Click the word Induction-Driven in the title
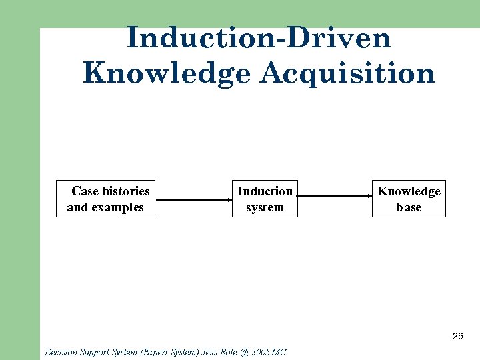tap(258, 38)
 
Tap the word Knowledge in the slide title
tap(167, 73)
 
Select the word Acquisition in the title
tap(347, 73)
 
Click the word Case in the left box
tap(85, 191)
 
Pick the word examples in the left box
tap(118, 207)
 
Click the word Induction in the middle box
tap(265, 191)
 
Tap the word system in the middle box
tap(265, 207)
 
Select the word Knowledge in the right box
tap(409, 191)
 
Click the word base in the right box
tap(409, 207)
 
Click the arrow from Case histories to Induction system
tap(193, 199)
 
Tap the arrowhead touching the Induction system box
tap(227, 199)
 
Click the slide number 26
tap(457, 336)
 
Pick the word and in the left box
tap(77, 207)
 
